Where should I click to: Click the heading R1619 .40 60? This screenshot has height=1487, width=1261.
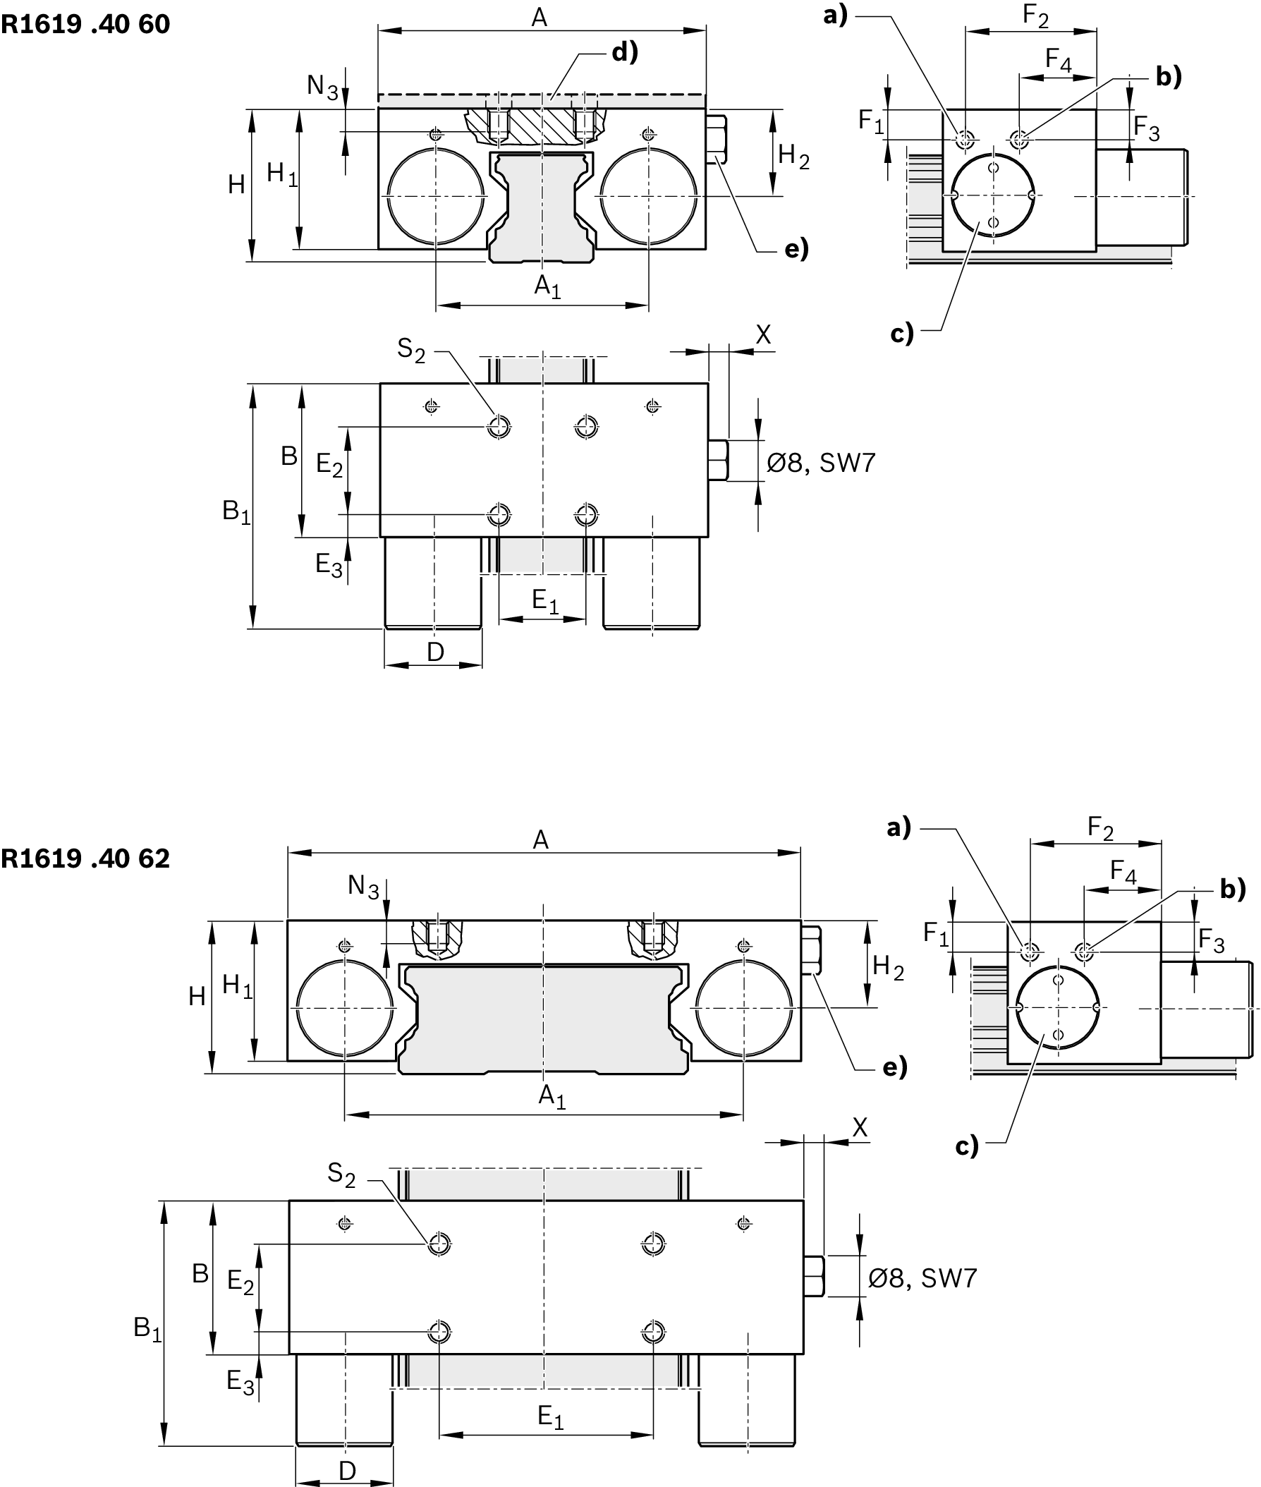(85, 25)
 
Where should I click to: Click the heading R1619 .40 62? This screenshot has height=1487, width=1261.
(85, 858)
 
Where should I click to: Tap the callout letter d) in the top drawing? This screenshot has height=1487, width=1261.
(624, 52)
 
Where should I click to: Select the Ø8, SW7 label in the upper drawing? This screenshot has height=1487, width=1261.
(821, 463)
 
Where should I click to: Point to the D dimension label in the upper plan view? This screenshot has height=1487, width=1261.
(435, 651)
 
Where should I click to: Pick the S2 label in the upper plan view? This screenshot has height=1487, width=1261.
(411, 350)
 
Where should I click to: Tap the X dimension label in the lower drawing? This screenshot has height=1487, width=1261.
(860, 1128)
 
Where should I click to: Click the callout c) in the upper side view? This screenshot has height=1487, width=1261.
(902, 333)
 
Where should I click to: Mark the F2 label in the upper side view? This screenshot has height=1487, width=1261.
(1035, 15)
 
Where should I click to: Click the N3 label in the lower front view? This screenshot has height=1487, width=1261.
(363, 887)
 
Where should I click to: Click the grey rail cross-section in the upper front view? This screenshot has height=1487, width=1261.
(542, 207)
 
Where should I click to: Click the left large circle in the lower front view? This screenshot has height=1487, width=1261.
(345, 1008)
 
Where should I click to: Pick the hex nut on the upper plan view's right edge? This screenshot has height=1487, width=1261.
(718, 461)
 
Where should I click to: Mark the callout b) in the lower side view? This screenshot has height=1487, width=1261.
(1232, 889)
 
